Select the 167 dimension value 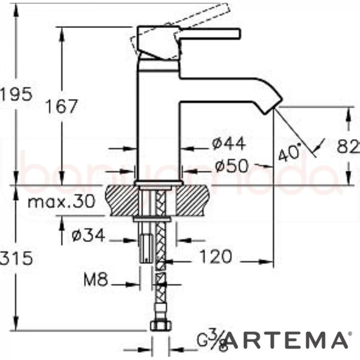61,106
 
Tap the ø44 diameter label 228,143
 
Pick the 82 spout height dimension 349,148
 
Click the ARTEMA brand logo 285,340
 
